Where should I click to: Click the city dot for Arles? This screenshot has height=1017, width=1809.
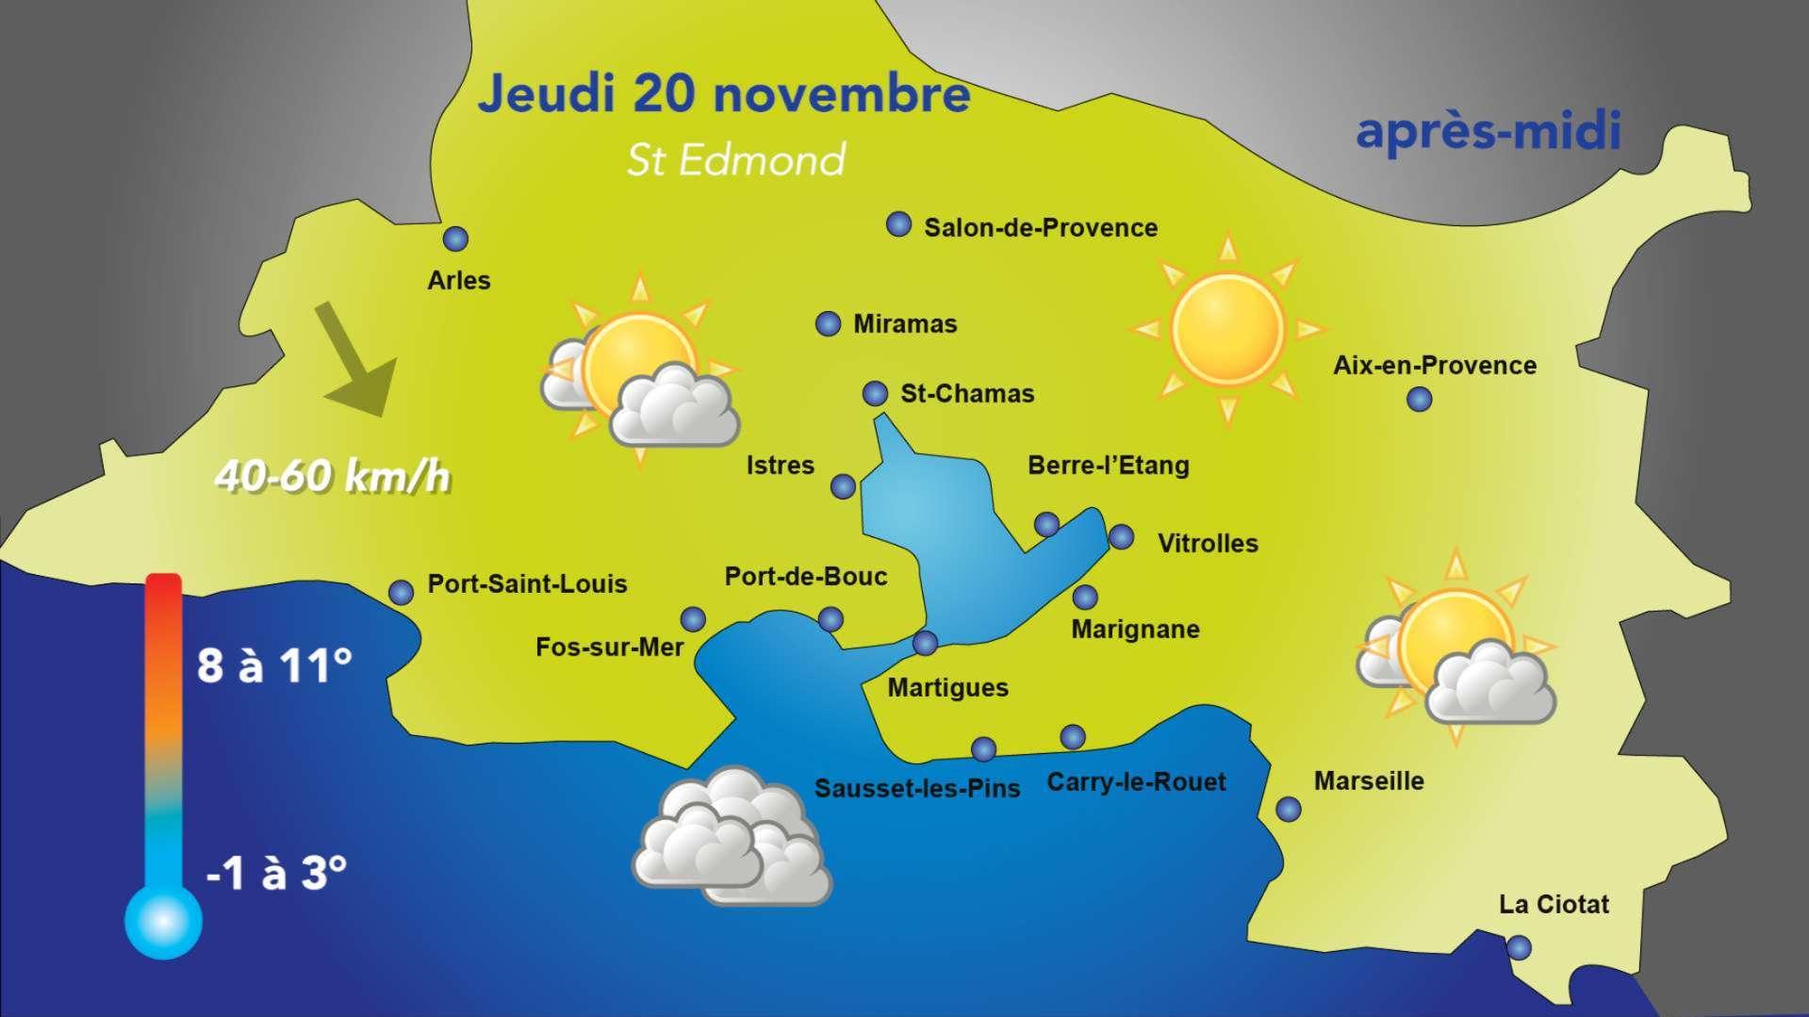click(x=455, y=239)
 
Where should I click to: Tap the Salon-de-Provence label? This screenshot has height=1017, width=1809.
click(x=1040, y=228)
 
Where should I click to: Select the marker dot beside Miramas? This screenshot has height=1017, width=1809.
click(x=828, y=324)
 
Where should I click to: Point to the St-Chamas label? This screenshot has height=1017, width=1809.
click(x=967, y=394)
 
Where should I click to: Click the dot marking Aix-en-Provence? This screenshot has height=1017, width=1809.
click(x=1419, y=400)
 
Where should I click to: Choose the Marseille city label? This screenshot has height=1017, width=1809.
click(x=1368, y=780)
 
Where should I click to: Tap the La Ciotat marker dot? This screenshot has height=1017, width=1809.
click(x=1519, y=947)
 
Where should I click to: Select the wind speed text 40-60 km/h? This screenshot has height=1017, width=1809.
click(x=333, y=477)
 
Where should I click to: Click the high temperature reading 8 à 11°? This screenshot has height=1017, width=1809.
click(x=274, y=665)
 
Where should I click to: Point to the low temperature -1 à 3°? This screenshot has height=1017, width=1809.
click(x=276, y=873)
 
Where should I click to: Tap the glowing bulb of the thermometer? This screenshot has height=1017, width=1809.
click(x=163, y=921)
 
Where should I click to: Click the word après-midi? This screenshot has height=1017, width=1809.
click(x=1488, y=131)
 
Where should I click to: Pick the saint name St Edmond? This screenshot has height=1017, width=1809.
click(x=736, y=160)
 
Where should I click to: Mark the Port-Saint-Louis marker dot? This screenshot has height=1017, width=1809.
click(x=401, y=592)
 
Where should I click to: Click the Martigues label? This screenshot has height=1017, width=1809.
click(x=947, y=688)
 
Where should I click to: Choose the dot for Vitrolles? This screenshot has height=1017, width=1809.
click(x=1121, y=537)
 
